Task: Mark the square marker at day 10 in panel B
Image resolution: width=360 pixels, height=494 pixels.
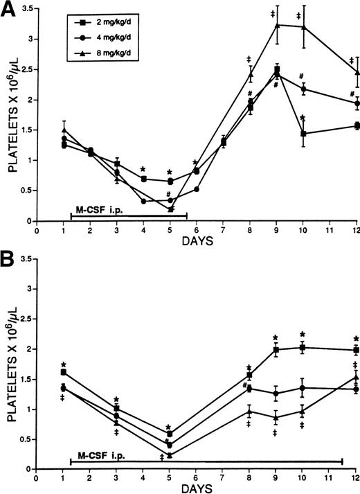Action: pyautogui.click(x=303, y=347)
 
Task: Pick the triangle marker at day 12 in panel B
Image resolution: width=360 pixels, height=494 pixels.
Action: pyautogui.click(x=356, y=377)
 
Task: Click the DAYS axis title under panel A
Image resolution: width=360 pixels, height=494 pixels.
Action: pyautogui.click(x=196, y=242)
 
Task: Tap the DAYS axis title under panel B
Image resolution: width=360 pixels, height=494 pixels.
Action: pyautogui.click(x=196, y=489)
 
